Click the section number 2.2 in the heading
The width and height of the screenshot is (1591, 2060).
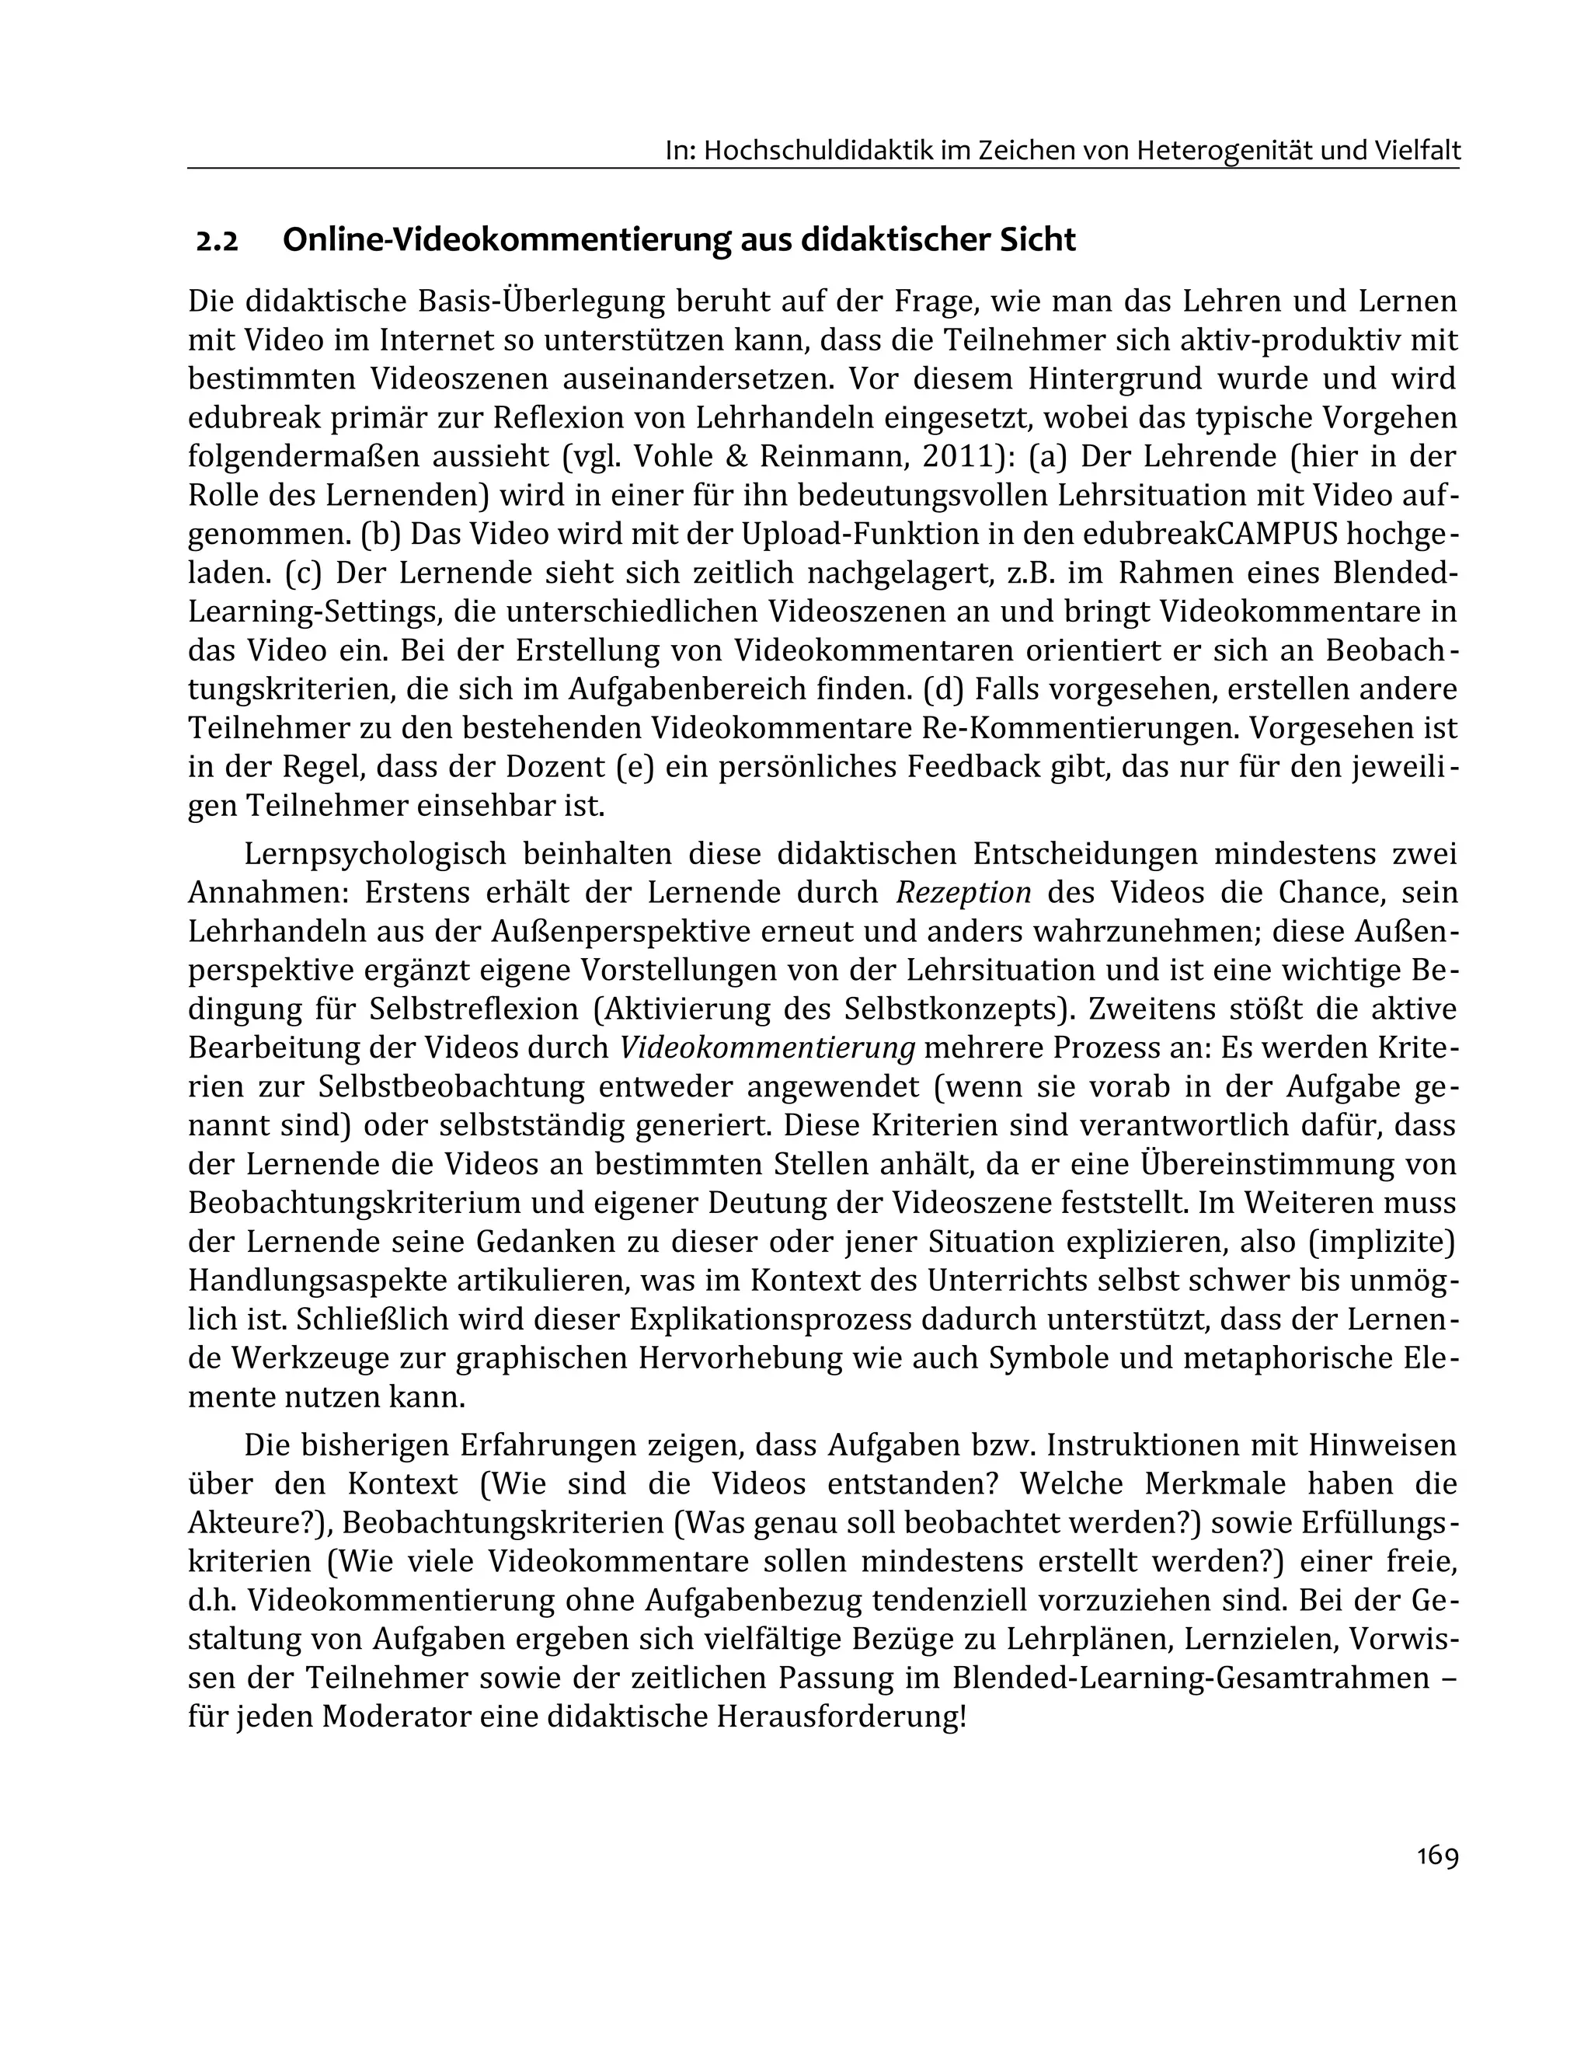(217, 242)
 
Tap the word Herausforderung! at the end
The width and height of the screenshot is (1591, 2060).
(841, 1716)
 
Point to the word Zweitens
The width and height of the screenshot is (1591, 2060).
(1147, 1009)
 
